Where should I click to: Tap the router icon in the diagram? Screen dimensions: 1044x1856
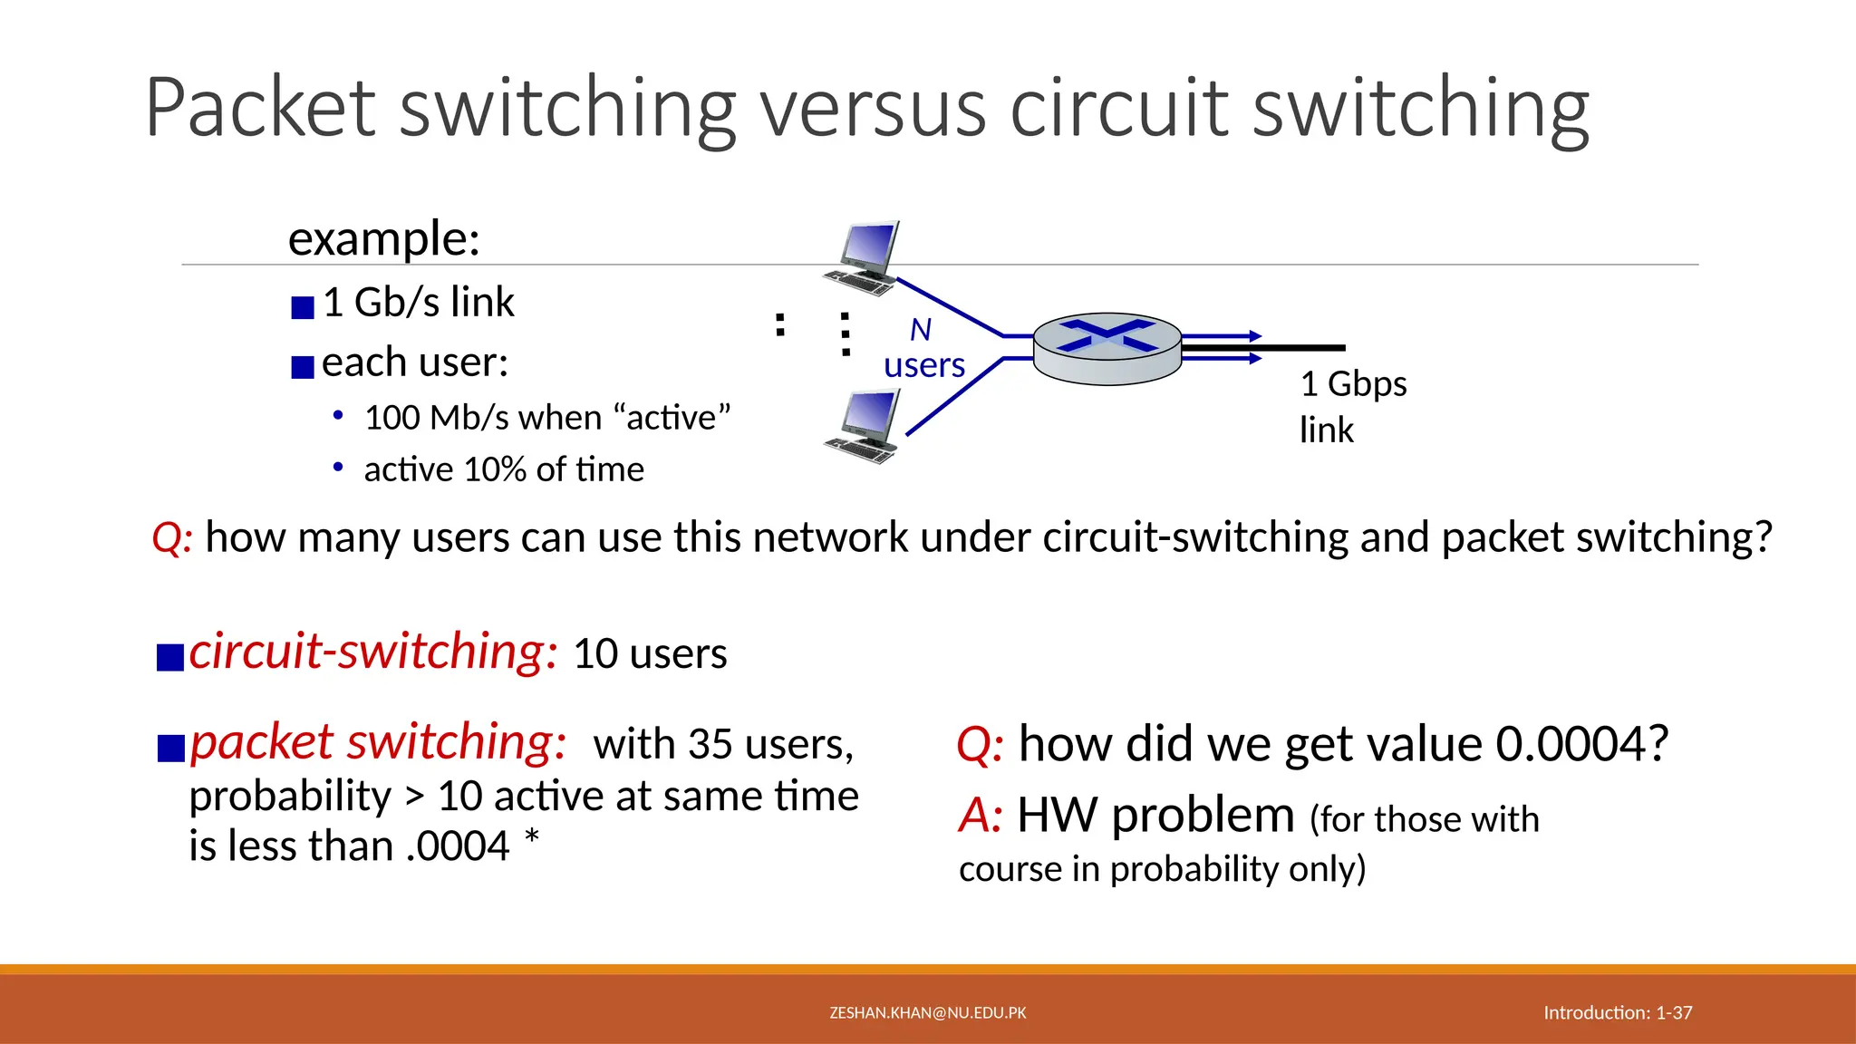point(1107,349)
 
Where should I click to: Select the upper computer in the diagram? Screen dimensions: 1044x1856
point(864,257)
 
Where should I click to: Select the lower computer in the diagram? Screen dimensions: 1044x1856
point(864,426)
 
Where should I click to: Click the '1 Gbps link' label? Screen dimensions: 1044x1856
point(1352,406)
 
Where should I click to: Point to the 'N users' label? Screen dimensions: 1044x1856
point(923,348)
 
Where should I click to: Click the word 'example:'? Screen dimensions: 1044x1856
point(383,239)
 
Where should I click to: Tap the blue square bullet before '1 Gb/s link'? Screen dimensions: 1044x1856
point(303,308)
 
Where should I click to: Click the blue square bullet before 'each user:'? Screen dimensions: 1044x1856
point(303,367)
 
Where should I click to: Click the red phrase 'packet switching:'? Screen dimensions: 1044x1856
point(378,743)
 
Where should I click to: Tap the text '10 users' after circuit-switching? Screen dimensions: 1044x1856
point(650,654)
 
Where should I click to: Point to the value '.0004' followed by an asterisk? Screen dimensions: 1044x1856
point(459,846)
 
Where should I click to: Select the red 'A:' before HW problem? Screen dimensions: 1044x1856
point(981,816)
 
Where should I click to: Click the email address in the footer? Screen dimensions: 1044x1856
point(928,1013)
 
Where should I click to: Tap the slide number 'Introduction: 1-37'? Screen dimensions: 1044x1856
point(1618,1013)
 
